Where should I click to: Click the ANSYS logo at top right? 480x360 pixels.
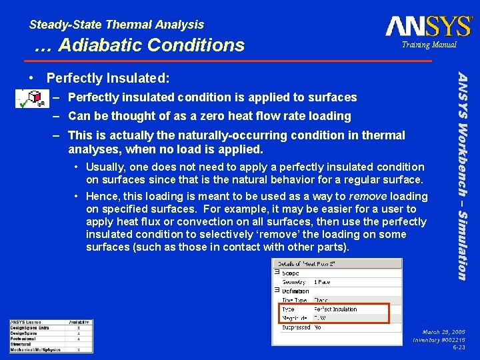pos(428,26)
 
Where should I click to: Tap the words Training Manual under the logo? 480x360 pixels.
pos(429,45)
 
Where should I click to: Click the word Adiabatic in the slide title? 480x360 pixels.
pos(101,45)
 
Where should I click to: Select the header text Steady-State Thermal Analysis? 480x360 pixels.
pos(117,25)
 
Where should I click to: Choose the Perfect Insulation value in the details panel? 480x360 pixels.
pos(335,309)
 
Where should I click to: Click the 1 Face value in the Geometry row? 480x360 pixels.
pos(323,282)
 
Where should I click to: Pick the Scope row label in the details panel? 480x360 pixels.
pos(291,273)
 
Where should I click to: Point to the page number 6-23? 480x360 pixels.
pos(459,347)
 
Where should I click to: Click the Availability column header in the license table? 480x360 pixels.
pos(79,323)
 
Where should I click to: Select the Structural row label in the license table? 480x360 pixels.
pos(22,344)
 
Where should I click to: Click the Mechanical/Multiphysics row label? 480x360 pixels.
pos(35,349)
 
